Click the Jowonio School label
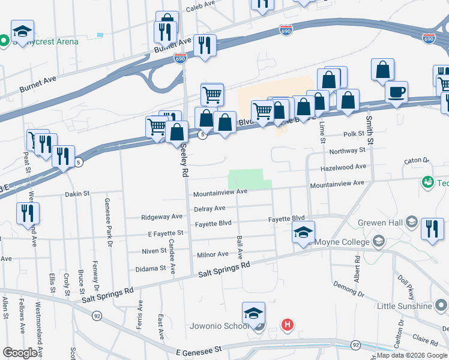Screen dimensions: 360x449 218,326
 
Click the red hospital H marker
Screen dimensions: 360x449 288,325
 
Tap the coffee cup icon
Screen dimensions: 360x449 396,93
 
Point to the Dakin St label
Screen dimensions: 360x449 77,194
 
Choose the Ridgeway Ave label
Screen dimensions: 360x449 161,217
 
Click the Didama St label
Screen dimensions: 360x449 150,269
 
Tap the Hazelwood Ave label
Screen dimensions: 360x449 343,167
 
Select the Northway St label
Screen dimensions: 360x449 347,151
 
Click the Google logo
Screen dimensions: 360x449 20,352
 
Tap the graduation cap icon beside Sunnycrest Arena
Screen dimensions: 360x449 23,31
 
